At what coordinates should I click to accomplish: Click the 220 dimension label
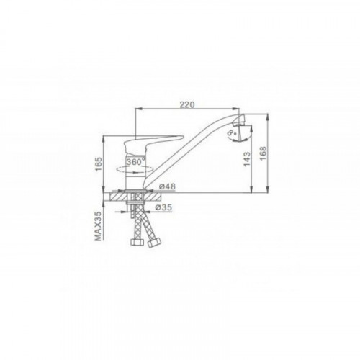(x=187, y=104)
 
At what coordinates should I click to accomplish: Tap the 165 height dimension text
(x=99, y=164)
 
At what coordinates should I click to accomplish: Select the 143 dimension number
(x=247, y=159)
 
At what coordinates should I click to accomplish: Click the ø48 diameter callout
(x=167, y=186)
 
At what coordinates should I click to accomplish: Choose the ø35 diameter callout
(x=163, y=207)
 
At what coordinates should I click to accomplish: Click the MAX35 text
(x=97, y=227)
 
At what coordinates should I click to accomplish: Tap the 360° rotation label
(x=136, y=162)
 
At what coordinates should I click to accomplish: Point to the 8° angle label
(x=233, y=133)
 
